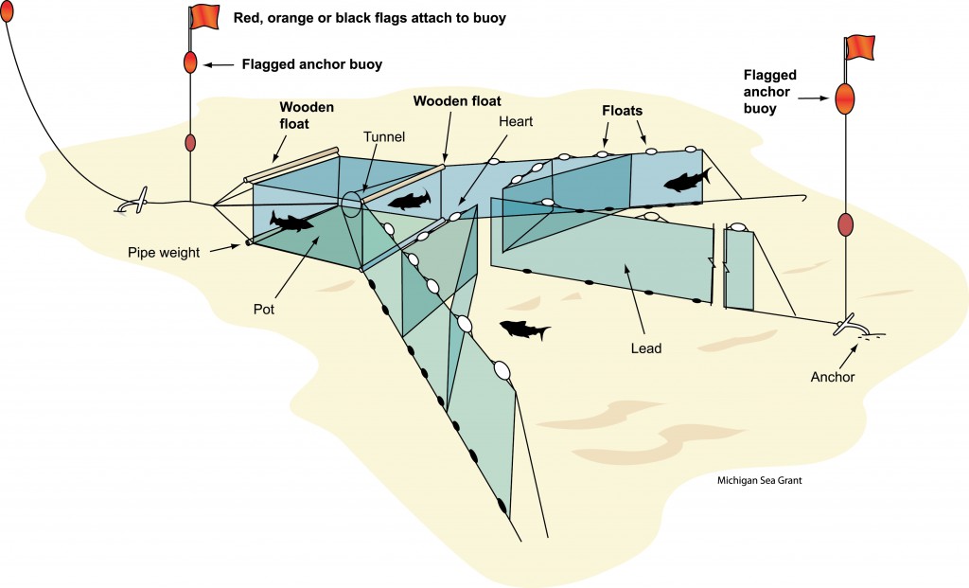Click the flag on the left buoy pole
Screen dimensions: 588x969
(x=203, y=17)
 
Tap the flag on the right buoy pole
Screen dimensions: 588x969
(x=859, y=45)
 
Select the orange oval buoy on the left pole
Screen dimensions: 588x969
(x=190, y=62)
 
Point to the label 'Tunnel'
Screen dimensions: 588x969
(x=384, y=137)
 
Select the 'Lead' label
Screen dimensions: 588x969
(x=646, y=348)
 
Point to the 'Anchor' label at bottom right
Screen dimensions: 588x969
(x=833, y=377)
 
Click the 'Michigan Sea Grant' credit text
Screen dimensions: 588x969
(x=760, y=480)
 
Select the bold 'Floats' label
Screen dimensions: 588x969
(x=624, y=110)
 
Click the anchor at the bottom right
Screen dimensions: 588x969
(x=849, y=326)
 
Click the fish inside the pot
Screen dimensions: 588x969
(x=291, y=222)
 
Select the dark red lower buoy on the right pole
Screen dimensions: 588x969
(x=846, y=224)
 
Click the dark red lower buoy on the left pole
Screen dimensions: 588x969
(x=190, y=143)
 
